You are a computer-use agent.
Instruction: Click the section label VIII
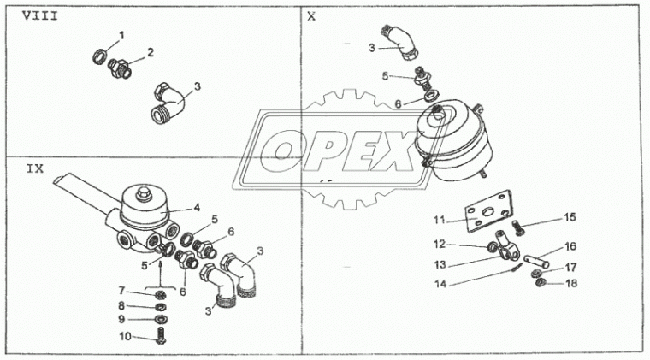point(40,15)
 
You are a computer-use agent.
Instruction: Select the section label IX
point(35,169)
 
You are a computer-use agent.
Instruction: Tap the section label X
point(311,16)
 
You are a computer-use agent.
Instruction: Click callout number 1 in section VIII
point(121,36)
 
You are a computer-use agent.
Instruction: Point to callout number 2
point(151,52)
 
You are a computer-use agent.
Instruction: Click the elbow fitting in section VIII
point(168,103)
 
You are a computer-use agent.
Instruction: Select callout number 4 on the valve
point(197,207)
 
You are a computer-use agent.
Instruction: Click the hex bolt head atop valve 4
point(144,192)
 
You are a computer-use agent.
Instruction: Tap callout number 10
point(125,336)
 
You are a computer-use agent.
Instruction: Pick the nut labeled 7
point(161,295)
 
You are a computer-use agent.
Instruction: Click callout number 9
point(121,319)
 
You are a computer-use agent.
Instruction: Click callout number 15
point(570,217)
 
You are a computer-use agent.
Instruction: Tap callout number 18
point(571,283)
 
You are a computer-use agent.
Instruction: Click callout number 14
point(440,284)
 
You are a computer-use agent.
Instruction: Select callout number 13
point(440,264)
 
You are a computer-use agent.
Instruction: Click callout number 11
point(440,220)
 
